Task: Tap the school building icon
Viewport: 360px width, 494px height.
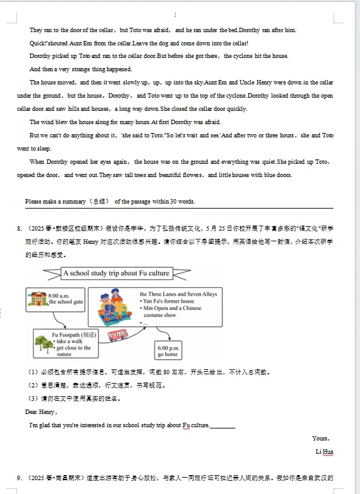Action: coord(38,298)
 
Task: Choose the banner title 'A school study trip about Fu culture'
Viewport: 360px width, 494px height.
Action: coord(116,273)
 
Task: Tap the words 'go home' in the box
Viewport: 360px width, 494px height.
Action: coord(168,354)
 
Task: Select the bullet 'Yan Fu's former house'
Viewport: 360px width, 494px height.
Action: coord(168,301)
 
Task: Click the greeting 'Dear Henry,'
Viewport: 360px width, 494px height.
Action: coord(41,411)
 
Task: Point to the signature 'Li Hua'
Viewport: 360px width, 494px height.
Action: coord(324,452)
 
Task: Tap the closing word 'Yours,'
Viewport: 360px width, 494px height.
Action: coord(320,438)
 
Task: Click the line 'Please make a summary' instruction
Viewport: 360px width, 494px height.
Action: coord(110,202)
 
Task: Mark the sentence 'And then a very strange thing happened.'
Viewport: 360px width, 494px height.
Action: coord(81,69)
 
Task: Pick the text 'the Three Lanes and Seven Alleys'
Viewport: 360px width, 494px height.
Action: coord(178,294)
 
